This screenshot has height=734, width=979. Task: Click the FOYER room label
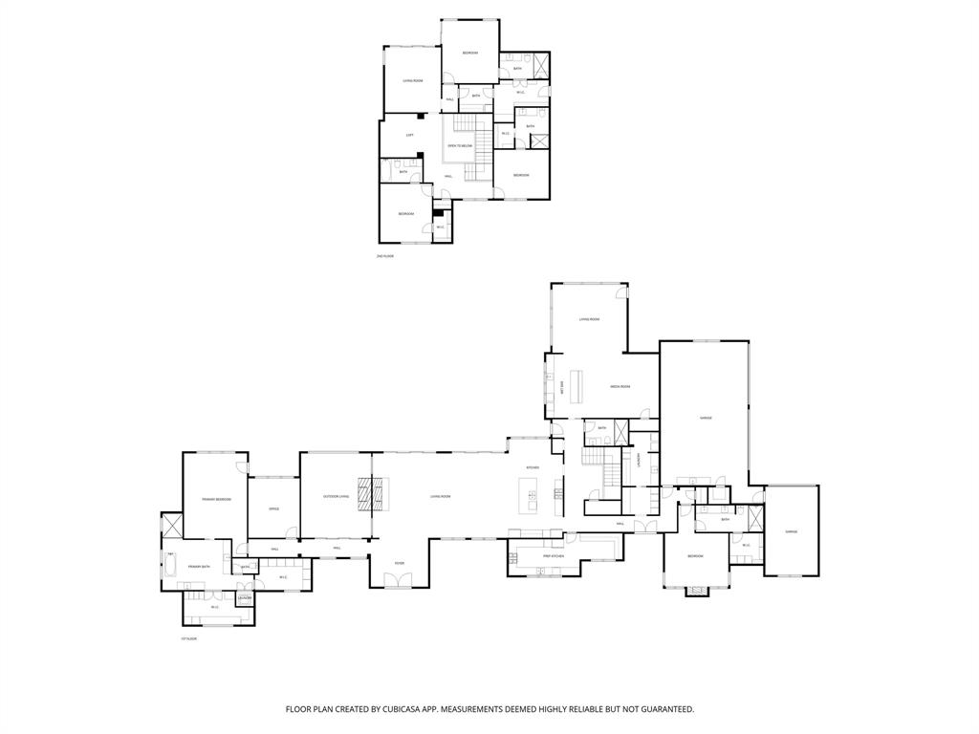[x=399, y=564]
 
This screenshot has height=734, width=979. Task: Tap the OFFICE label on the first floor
[x=273, y=508]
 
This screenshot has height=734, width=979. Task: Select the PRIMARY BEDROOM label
[x=216, y=499]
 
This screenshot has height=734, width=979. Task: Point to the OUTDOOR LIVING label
[x=336, y=496]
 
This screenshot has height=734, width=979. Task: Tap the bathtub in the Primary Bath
[x=171, y=566]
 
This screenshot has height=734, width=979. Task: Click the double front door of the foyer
[x=399, y=580]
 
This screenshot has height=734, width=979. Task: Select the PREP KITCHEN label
[x=554, y=555]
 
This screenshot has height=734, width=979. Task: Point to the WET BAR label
[x=562, y=388]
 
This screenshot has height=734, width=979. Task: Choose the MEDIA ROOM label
[x=620, y=386]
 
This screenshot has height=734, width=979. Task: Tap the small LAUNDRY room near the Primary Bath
[x=245, y=598]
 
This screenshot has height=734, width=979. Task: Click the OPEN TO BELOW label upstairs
[x=460, y=145]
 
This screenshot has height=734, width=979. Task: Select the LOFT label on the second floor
[x=409, y=135]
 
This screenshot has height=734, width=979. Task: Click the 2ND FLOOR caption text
[x=385, y=256]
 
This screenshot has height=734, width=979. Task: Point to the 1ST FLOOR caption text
[x=187, y=638]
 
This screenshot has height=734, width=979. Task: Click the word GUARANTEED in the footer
[x=664, y=709]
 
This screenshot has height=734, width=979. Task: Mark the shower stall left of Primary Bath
[x=172, y=526]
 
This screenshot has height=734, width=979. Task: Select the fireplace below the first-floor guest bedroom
[x=697, y=591]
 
